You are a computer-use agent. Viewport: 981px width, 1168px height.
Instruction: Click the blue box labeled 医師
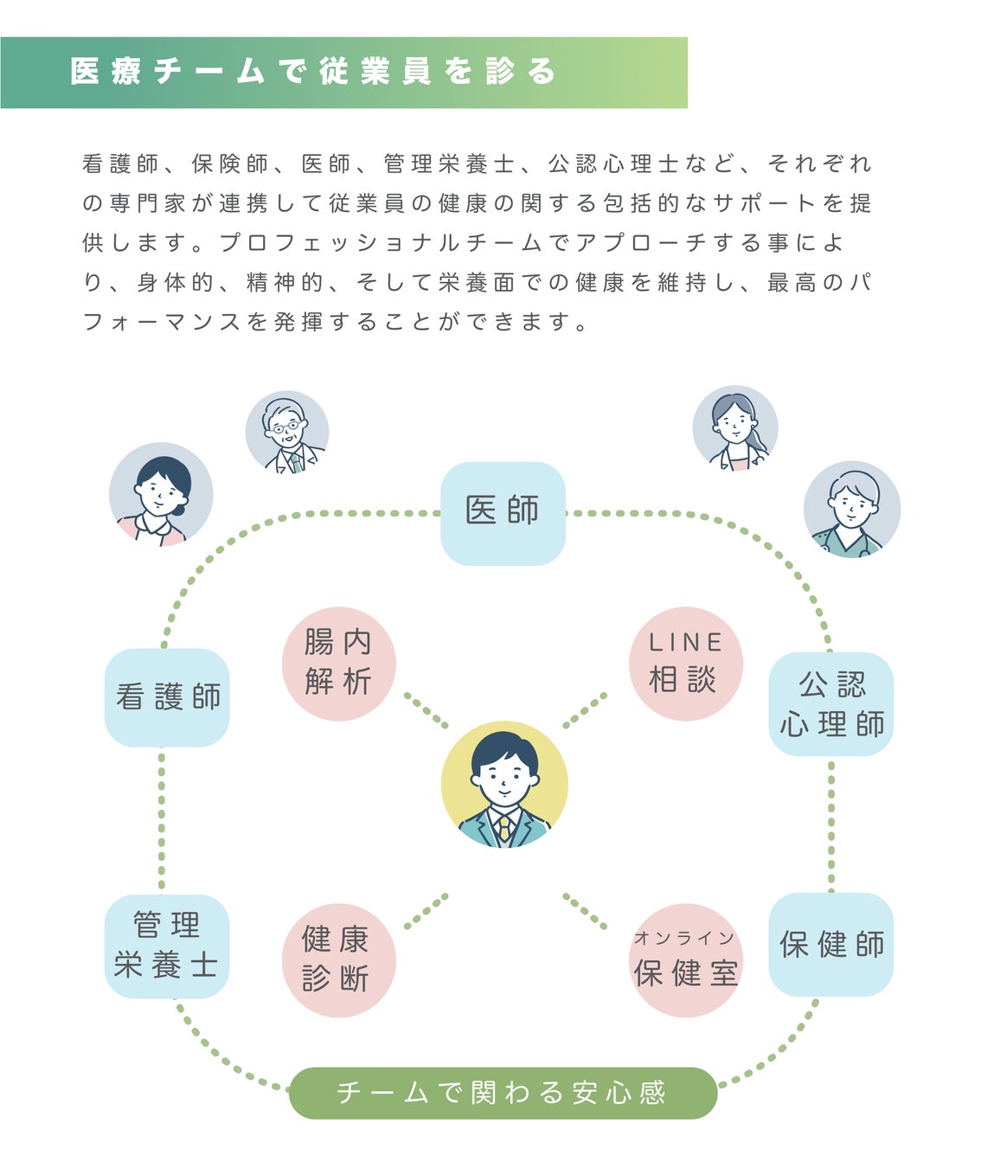coord(503,513)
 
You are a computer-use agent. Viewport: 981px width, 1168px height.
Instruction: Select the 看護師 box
coord(167,697)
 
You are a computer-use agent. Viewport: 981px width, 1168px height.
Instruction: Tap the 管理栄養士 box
coord(167,946)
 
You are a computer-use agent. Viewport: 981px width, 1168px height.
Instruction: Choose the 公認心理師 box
coord(830,703)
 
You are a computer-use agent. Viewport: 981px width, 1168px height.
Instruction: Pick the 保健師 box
coord(830,944)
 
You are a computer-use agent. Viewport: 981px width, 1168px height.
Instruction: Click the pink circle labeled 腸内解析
coord(338,664)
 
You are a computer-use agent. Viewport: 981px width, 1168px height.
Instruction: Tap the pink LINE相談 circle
coord(685,664)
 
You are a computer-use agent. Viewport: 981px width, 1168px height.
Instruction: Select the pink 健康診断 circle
coord(338,960)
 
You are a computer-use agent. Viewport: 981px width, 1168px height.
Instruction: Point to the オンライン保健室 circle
coord(685,960)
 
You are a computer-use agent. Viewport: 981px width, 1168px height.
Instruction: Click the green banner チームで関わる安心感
coord(503,1093)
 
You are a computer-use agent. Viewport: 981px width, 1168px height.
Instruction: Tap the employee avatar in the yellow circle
coord(504,784)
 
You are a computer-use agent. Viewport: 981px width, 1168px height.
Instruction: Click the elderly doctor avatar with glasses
coord(286,432)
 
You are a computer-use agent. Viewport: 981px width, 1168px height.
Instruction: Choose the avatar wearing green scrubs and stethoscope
coord(852,509)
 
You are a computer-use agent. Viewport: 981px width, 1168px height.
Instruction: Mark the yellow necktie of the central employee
coord(504,829)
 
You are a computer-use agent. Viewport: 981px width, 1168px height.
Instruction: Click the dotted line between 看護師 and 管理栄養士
coord(162,820)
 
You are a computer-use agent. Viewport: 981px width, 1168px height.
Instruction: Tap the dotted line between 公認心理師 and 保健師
coord(831,824)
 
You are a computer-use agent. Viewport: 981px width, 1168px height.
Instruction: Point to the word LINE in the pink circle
coord(685,643)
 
